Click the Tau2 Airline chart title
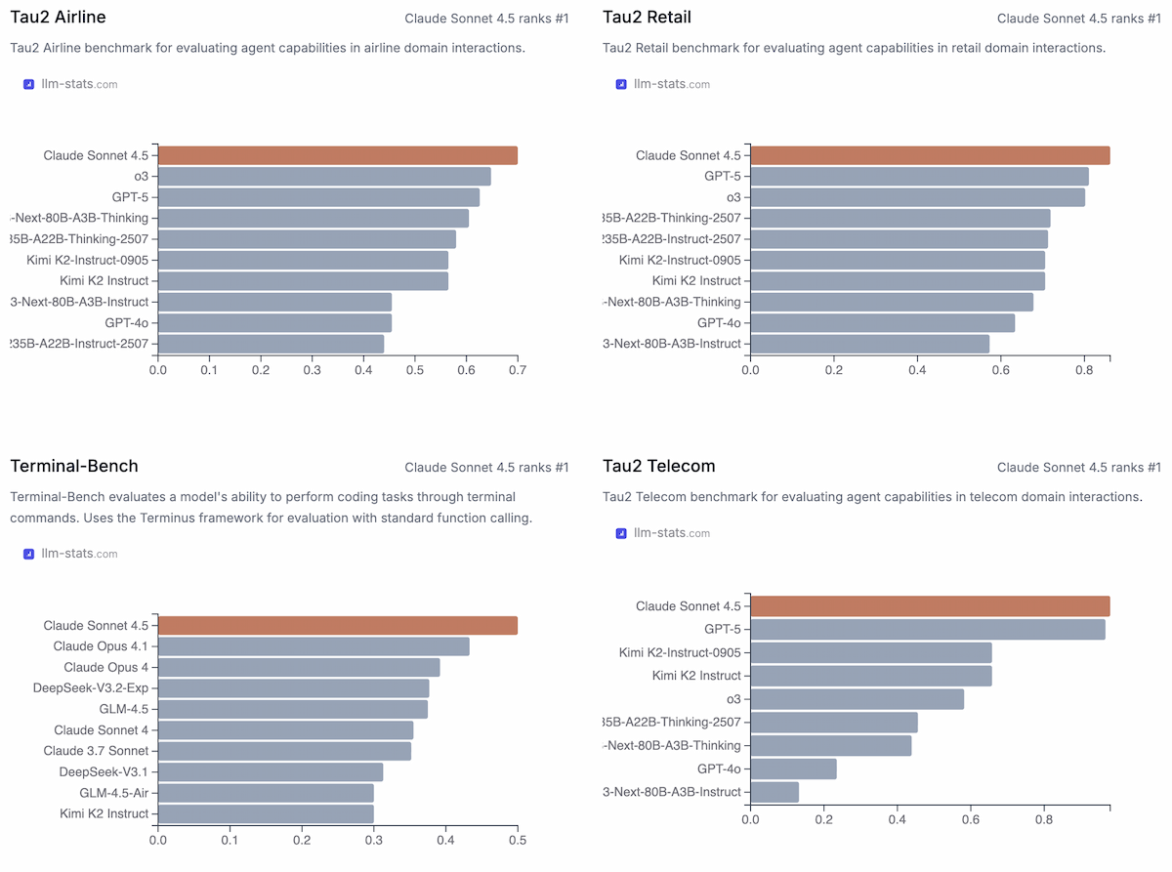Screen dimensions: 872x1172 click(58, 18)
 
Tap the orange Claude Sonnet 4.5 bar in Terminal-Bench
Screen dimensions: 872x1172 click(338, 626)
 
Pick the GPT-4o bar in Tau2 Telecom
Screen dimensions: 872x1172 click(793, 769)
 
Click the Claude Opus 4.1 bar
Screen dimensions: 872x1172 click(314, 646)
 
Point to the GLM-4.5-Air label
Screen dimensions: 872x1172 click(114, 792)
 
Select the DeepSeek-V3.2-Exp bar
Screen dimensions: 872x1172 click(293, 688)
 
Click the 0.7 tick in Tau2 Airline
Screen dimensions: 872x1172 click(518, 371)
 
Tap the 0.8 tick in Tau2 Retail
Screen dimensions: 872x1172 click(1084, 371)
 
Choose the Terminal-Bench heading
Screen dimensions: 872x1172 click(74, 467)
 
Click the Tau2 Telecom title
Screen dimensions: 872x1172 click(658, 467)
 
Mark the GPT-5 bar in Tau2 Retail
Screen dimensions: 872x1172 click(919, 177)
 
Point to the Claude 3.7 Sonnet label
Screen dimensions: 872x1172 click(96, 751)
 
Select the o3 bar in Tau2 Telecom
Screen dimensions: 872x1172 click(857, 699)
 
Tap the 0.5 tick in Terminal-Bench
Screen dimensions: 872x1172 click(518, 840)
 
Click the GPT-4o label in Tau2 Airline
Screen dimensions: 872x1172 click(127, 322)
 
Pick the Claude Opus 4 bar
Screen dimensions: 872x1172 click(299, 668)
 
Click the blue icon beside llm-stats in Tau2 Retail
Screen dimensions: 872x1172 click(621, 84)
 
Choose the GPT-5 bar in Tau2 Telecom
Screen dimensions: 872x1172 click(928, 630)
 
